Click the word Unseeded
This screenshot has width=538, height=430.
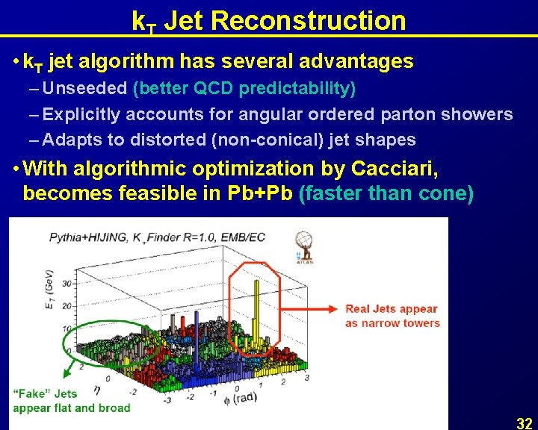click(85, 89)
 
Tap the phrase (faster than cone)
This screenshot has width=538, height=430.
click(386, 193)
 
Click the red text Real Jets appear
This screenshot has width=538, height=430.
click(391, 309)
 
